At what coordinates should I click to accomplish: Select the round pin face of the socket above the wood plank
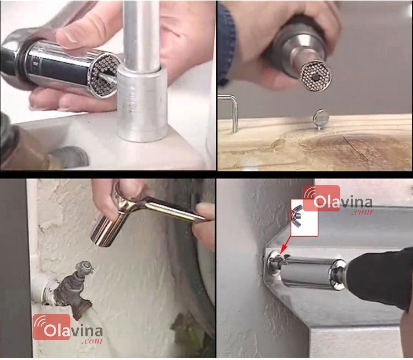(x=316, y=75)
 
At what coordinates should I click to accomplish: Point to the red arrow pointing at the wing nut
(x=284, y=245)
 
